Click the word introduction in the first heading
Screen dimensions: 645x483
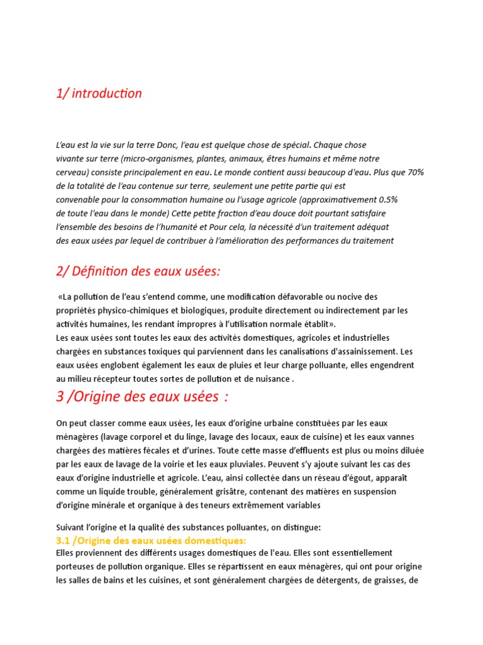[106, 94]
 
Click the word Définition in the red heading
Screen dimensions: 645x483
[103, 271]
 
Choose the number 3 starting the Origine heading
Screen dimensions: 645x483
[60, 398]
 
